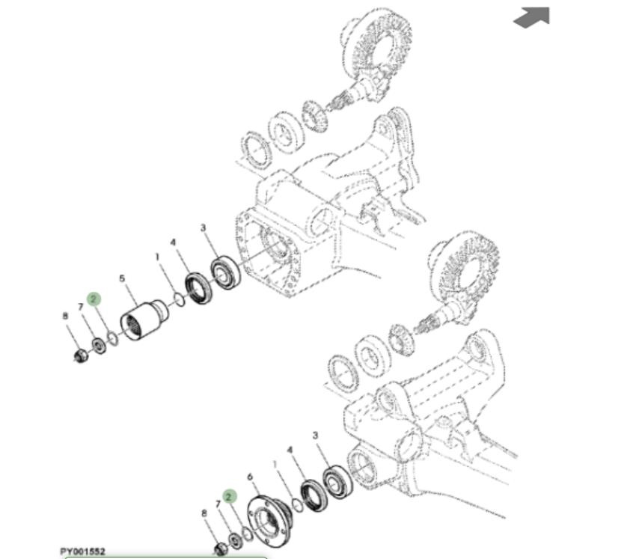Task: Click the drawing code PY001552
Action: click(x=82, y=552)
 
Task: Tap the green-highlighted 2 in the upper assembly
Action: click(x=94, y=299)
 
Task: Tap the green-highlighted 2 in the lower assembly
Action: click(x=230, y=496)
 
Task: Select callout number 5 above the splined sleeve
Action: click(x=122, y=278)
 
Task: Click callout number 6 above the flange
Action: click(x=250, y=477)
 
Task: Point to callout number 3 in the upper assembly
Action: click(x=203, y=228)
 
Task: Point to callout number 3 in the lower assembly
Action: click(x=315, y=436)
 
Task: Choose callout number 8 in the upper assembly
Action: click(x=65, y=316)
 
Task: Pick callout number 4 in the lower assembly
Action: click(x=290, y=450)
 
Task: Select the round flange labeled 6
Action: click(x=269, y=520)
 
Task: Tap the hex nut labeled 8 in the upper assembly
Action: click(x=81, y=356)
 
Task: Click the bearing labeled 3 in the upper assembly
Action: click(x=226, y=273)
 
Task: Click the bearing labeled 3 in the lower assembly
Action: click(x=338, y=481)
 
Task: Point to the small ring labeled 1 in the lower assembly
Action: click(x=297, y=505)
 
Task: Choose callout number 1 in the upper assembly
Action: click(x=157, y=257)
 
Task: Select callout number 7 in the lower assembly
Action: click(x=218, y=504)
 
